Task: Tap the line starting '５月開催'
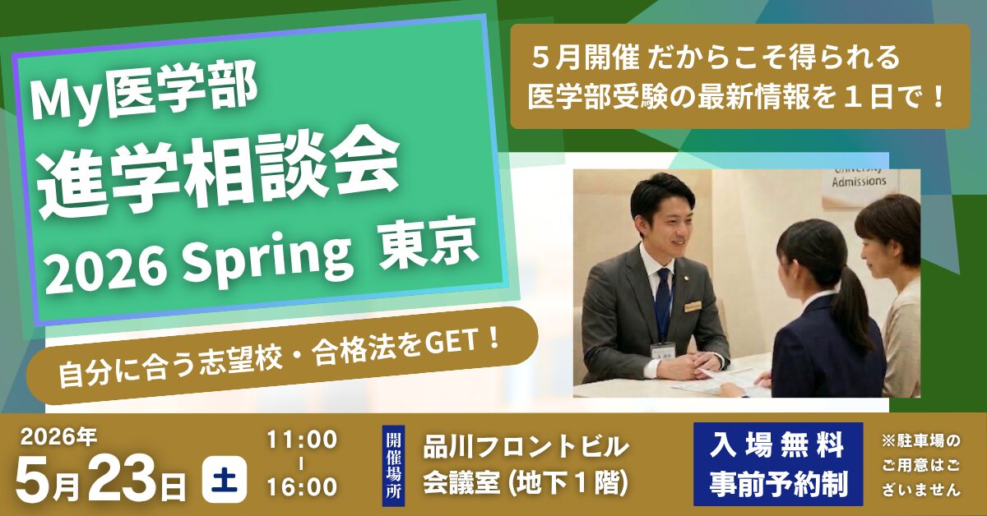(716, 59)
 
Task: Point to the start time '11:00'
(301, 440)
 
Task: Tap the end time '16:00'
(301, 486)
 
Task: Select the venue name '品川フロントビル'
(526, 448)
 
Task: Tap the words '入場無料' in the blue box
(778, 448)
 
